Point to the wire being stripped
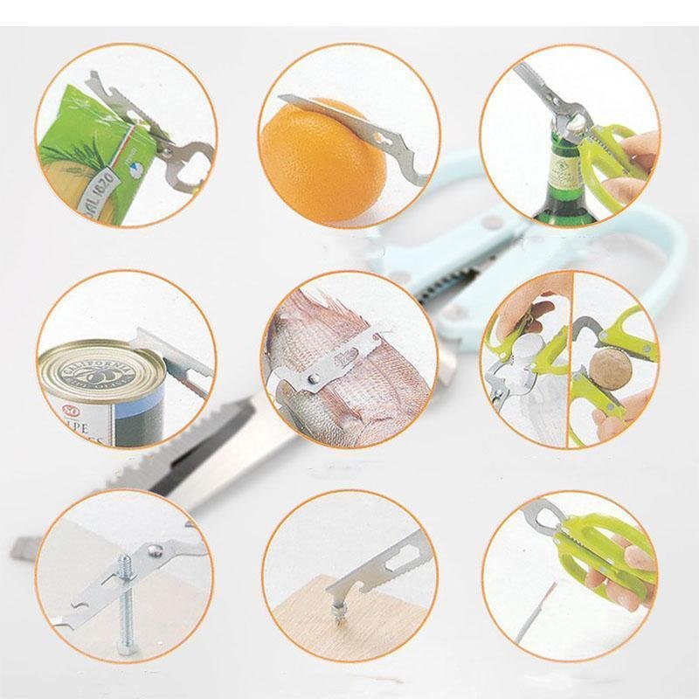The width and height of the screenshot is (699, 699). coord(544,612)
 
